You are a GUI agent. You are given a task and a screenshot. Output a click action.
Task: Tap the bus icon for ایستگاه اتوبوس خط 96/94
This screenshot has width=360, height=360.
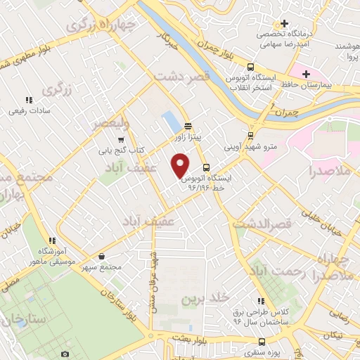pyautogui.click(x=206, y=168)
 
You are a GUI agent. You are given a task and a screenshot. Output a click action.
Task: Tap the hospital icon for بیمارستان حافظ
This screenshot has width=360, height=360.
pyautogui.click(x=306, y=72)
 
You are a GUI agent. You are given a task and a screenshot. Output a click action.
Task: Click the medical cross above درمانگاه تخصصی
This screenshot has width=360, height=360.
pyautogui.click(x=285, y=23)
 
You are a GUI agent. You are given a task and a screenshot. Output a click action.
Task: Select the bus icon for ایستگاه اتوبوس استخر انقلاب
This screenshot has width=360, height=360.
pyautogui.click(x=231, y=67)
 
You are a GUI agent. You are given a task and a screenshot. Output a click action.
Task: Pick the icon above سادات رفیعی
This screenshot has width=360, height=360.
pyautogui.click(x=29, y=100)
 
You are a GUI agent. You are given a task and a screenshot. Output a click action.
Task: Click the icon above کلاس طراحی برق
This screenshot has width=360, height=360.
pyautogui.click(x=262, y=301)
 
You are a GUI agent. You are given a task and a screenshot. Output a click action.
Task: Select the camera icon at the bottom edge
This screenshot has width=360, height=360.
pyautogui.click(x=65, y=354)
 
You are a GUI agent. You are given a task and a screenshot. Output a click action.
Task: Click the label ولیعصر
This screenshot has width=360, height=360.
pyautogui.click(x=111, y=124)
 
